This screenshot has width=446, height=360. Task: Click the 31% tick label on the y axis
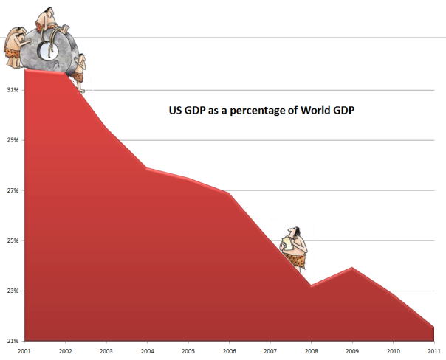[x=12, y=90]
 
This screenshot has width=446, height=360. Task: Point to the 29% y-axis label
[x=12, y=140]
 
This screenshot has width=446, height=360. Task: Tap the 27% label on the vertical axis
[x=12, y=190]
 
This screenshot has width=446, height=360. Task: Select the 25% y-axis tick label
[x=12, y=240]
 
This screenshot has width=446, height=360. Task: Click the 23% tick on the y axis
[x=12, y=291]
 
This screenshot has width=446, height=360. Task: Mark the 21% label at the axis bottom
[x=12, y=341]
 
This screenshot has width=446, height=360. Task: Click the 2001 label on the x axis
[x=24, y=352]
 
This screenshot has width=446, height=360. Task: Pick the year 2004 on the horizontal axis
[x=147, y=352]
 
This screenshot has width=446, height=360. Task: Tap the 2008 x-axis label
[x=311, y=352]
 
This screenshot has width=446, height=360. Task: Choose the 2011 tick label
[x=433, y=352]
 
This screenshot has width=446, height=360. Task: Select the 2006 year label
[x=229, y=352]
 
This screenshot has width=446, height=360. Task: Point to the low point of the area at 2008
[x=311, y=286]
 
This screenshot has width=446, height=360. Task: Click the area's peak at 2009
[x=352, y=268]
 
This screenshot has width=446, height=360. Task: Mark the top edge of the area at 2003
[x=106, y=128]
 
